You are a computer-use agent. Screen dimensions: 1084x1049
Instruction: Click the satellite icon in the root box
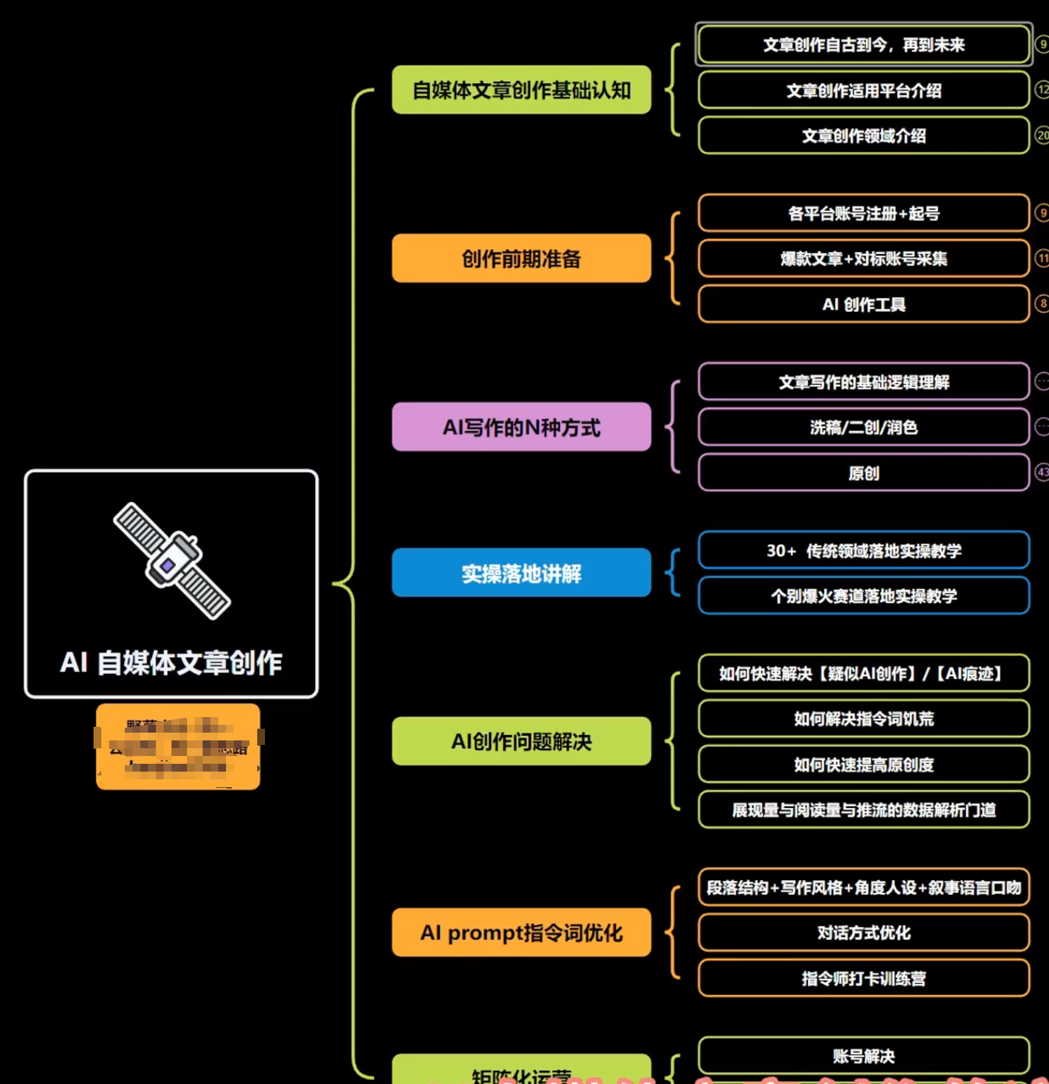[x=171, y=561]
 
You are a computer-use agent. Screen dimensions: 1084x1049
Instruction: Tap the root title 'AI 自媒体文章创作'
[x=171, y=662]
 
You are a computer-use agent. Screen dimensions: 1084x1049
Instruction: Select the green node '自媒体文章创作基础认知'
[x=521, y=90]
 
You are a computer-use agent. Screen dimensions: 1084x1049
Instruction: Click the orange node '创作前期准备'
[x=521, y=258]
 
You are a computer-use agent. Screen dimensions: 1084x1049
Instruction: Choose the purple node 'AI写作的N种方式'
[x=521, y=427]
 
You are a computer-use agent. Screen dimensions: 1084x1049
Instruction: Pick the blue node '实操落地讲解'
[x=521, y=573]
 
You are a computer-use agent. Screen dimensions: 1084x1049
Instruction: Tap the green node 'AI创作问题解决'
[x=521, y=741]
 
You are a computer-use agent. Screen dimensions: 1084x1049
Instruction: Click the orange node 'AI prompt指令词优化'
[x=521, y=933]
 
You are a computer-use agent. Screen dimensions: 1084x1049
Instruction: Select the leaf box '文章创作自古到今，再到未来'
[x=863, y=45]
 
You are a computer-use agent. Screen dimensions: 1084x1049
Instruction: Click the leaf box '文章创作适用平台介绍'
[x=863, y=90]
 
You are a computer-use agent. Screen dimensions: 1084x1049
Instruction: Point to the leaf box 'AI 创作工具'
[x=863, y=304]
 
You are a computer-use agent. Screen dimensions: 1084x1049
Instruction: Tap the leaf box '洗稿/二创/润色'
[x=863, y=427]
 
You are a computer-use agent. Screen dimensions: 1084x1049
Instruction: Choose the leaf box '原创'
[x=863, y=473]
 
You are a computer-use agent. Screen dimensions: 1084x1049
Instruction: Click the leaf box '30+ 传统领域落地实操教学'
[x=863, y=551]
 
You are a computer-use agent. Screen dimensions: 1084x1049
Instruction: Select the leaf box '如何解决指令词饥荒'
[x=863, y=718]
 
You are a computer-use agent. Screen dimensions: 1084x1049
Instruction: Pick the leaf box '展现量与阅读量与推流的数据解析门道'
[x=863, y=810]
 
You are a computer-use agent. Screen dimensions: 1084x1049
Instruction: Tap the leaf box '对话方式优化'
[x=863, y=933]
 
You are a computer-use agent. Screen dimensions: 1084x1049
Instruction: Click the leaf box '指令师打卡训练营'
[x=863, y=978]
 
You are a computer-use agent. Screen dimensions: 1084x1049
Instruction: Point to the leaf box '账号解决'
[x=863, y=1056]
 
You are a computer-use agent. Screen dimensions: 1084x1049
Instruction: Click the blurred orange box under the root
[x=178, y=747]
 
